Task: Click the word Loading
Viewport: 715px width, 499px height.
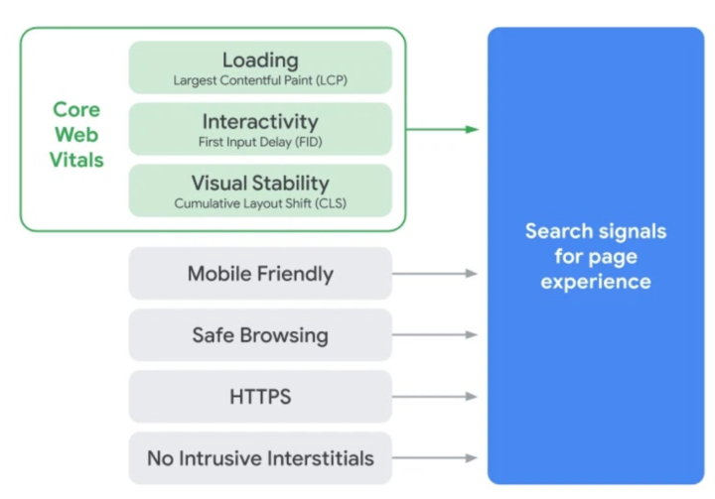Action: [x=260, y=61]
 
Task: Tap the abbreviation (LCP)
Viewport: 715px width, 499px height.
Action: [x=332, y=80]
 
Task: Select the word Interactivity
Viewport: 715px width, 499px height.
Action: [x=260, y=122]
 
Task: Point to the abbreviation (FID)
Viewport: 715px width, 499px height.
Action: [x=309, y=142]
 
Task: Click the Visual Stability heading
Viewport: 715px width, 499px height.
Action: [x=260, y=184]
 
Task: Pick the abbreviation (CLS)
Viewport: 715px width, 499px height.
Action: [x=331, y=203]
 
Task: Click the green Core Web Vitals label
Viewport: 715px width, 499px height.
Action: [x=76, y=135]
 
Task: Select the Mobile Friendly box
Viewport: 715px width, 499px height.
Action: [x=260, y=274]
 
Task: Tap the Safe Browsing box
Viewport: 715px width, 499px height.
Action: [x=260, y=335]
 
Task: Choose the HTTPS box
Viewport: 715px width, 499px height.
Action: [x=260, y=397]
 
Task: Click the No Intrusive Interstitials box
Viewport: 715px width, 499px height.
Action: [x=260, y=458]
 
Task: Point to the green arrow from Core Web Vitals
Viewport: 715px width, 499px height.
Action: [x=442, y=129]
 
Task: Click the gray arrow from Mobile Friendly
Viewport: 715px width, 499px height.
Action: [x=435, y=274]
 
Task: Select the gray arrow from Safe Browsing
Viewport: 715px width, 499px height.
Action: [x=435, y=335]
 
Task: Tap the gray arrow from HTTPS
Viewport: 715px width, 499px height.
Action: [x=435, y=397]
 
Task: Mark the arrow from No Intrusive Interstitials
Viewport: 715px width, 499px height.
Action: [x=435, y=458]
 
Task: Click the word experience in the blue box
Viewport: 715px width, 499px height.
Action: [x=596, y=282]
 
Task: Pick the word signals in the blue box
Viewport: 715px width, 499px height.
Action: [x=633, y=232]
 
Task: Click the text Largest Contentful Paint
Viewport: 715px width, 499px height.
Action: [x=243, y=80]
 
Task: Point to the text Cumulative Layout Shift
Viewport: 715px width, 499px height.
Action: [x=242, y=203]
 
